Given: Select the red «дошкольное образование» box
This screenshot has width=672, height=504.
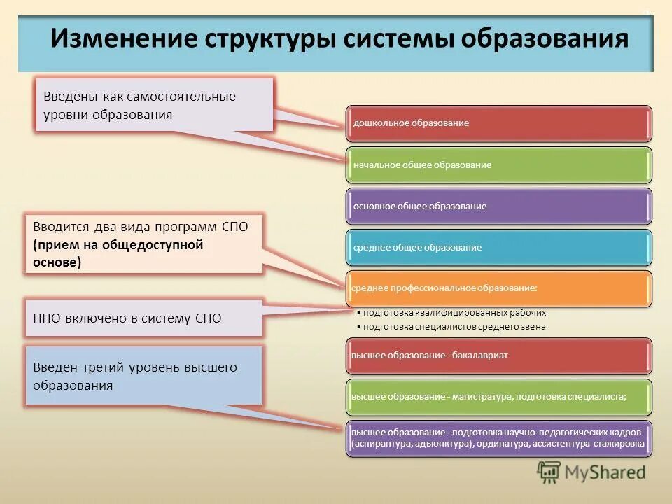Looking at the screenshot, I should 498,123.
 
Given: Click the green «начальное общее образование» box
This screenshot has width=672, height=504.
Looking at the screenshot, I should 498,164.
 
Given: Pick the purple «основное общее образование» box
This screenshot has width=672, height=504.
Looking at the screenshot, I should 498,206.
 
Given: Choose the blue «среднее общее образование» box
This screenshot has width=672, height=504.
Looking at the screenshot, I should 498,247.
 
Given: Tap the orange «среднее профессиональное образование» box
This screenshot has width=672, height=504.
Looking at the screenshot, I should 498,288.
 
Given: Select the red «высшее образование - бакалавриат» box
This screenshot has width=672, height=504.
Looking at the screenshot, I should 498,356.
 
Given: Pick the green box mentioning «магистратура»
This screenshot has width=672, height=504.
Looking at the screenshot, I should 498,397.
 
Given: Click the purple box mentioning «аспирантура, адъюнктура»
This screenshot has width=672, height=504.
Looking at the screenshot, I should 498,438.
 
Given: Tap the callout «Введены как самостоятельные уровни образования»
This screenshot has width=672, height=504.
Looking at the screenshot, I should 154,105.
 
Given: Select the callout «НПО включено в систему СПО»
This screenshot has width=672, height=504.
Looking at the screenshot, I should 143,318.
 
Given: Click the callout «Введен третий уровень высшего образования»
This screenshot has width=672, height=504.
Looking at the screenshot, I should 143,376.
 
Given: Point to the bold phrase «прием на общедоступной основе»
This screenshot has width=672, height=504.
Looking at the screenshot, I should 118,253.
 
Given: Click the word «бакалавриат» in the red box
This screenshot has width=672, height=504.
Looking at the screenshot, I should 480,356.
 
